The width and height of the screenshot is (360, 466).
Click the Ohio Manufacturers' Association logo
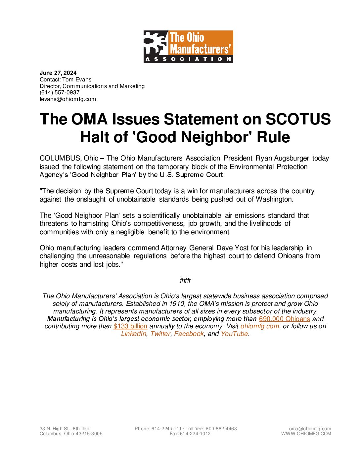coord(188,47)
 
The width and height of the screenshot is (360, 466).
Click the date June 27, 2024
coord(58,73)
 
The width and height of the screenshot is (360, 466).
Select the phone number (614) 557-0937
coord(60,92)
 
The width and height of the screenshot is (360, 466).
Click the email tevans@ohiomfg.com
coord(68,99)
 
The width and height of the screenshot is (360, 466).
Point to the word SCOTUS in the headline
coord(298,119)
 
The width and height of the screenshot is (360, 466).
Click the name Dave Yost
coord(232,248)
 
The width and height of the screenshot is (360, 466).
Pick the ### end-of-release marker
coord(185,280)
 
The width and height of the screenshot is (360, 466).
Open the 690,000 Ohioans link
coord(284,319)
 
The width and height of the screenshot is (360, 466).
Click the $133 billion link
coord(130,326)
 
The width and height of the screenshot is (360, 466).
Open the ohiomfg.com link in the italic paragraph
coord(260,326)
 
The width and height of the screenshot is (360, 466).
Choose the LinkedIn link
coord(134,334)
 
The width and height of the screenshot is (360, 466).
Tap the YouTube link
coord(234,334)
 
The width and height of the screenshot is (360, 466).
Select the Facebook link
coord(189,334)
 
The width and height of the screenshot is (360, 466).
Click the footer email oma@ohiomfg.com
coord(310,429)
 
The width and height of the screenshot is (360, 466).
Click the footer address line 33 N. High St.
coord(65,429)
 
